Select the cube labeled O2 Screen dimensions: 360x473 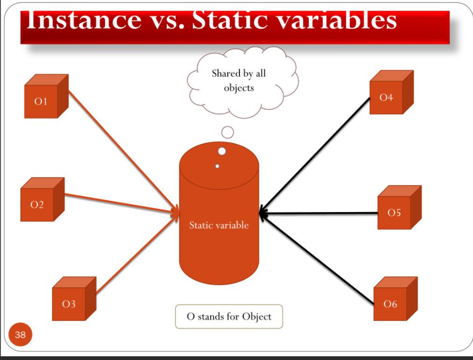[40, 202]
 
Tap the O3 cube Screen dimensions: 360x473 [72, 301]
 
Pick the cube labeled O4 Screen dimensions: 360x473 [389, 95]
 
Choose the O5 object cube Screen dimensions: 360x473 [397, 209]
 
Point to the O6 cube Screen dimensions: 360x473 [392, 301]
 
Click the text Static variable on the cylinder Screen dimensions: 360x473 [219, 225]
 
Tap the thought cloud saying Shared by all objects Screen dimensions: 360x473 [239, 81]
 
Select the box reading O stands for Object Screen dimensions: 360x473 [229, 317]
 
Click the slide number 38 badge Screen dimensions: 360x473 [20, 335]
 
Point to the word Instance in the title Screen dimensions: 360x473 [83, 20]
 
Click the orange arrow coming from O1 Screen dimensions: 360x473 [122, 152]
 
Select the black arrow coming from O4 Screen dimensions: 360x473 [316, 154]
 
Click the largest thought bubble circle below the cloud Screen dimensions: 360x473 [228, 132]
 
